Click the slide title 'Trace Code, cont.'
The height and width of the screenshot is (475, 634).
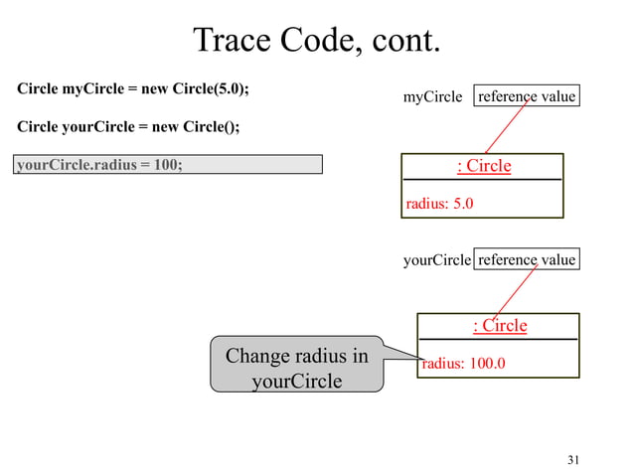click(x=316, y=41)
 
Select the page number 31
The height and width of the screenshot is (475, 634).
click(x=572, y=459)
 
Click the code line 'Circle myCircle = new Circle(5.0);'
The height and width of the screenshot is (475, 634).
click(x=133, y=88)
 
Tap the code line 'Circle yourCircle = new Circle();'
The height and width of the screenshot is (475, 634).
click(x=128, y=128)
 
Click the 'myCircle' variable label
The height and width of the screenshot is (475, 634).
click(x=432, y=97)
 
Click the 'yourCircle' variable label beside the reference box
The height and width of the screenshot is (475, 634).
click(x=436, y=260)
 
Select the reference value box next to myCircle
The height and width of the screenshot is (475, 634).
click(x=527, y=96)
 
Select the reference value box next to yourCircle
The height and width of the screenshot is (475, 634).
click(x=527, y=259)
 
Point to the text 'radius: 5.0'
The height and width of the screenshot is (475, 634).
click(x=439, y=204)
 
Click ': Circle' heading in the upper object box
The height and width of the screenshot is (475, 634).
click(x=483, y=166)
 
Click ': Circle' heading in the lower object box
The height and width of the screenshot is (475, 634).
click(x=499, y=326)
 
